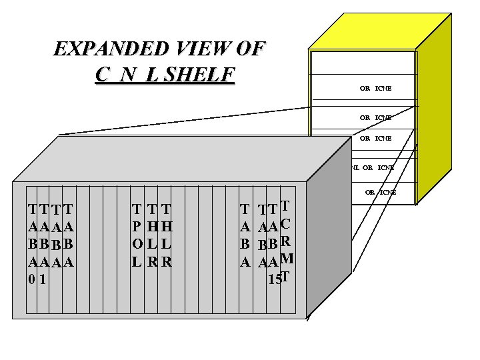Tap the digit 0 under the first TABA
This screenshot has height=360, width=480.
coord(31,279)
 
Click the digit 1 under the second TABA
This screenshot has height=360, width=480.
coord(42,279)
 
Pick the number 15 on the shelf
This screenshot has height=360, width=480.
coord(273,279)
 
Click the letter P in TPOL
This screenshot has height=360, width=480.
coord(136,226)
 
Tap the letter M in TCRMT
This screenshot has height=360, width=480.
coord(287,259)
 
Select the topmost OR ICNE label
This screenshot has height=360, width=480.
coord(375,88)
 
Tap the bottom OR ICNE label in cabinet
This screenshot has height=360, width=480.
coord(380,192)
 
